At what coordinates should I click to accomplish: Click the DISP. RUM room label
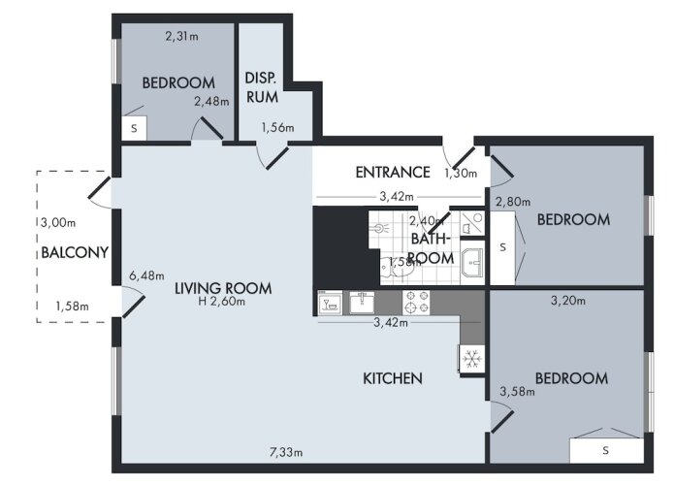[x=262, y=87]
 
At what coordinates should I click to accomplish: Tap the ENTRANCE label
[x=393, y=173]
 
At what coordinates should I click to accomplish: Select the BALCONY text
[x=75, y=252]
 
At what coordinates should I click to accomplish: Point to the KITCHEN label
[x=393, y=378]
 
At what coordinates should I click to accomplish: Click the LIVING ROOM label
[x=223, y=288]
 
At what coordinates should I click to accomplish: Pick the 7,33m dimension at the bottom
[x=286, y=452]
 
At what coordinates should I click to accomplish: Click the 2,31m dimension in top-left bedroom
[x=181, y=36]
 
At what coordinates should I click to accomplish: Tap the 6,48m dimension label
[x=146, y=275]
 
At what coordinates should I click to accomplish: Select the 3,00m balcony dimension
[x=58, y=223]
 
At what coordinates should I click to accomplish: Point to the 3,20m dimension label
[x=568, y=300]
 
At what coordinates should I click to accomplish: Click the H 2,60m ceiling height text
[x=222, y=302]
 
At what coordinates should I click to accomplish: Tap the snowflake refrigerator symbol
[x=471, y=359]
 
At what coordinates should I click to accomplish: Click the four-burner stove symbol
[x=416, y=303]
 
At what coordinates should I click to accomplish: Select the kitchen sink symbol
[x=362, y=303]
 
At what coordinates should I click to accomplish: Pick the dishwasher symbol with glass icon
[x=330, y=303]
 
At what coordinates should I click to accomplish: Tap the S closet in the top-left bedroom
[x=134, y=128]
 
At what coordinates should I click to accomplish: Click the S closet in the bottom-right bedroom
[x=606, y=450]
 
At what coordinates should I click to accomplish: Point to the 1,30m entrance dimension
[x=461, y=174]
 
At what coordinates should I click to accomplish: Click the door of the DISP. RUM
[x=277, y=158]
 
